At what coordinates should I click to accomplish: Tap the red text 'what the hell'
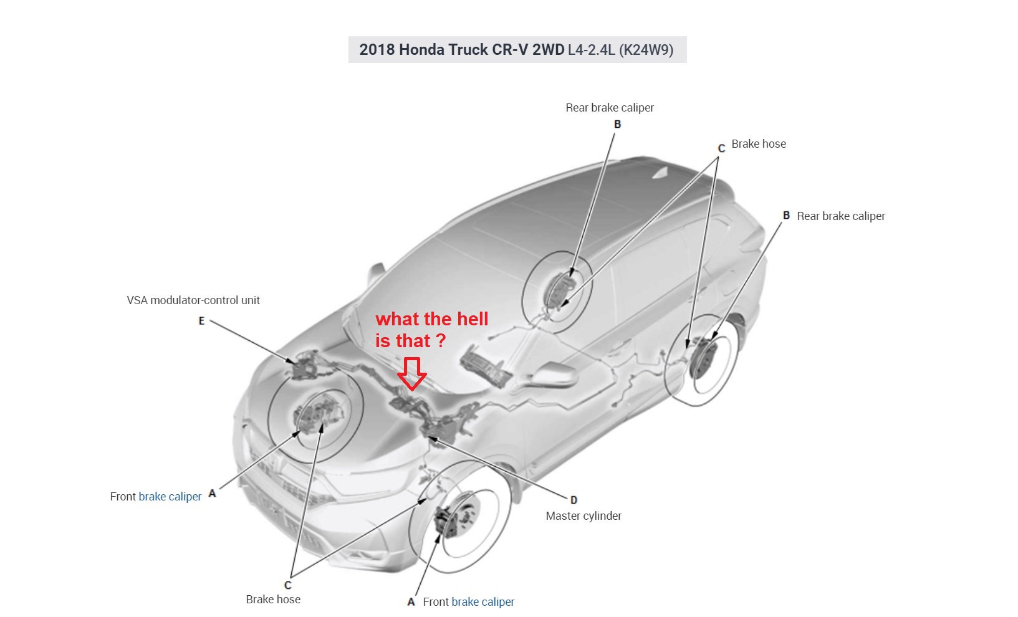click(x=432, y=319)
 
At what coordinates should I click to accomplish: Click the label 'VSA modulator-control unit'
click(x=193, y=300)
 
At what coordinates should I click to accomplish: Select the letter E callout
click(x=201, y=321)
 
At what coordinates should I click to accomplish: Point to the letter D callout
click(x=574, y=500)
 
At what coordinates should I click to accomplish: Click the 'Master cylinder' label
click(x=583, y=516)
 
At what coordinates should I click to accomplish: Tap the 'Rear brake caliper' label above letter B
click(x=610, y=108)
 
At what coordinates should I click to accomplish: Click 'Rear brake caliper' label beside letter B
click(x=841, y=216)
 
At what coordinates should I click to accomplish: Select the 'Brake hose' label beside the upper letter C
click(x=759, y=144)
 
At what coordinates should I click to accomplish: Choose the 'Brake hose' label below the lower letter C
click(x=273, y=600)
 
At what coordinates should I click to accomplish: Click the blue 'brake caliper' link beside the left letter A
click(x=170, y=497)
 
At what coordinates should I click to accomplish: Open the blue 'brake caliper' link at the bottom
click(x=483, y=602)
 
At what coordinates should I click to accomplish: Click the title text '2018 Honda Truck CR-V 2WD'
click(x=462, y=49)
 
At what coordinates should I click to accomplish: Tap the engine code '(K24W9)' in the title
click(x=646, y=49)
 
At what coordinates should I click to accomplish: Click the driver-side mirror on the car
click(x=552, y=375)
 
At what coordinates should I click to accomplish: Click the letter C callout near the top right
click(x=721, y=148)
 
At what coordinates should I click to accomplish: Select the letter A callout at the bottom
click(x=411, y=602)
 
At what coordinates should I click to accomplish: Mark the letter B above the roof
click(x=617, y=124)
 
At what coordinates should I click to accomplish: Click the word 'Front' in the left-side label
click(x=123, y=497)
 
